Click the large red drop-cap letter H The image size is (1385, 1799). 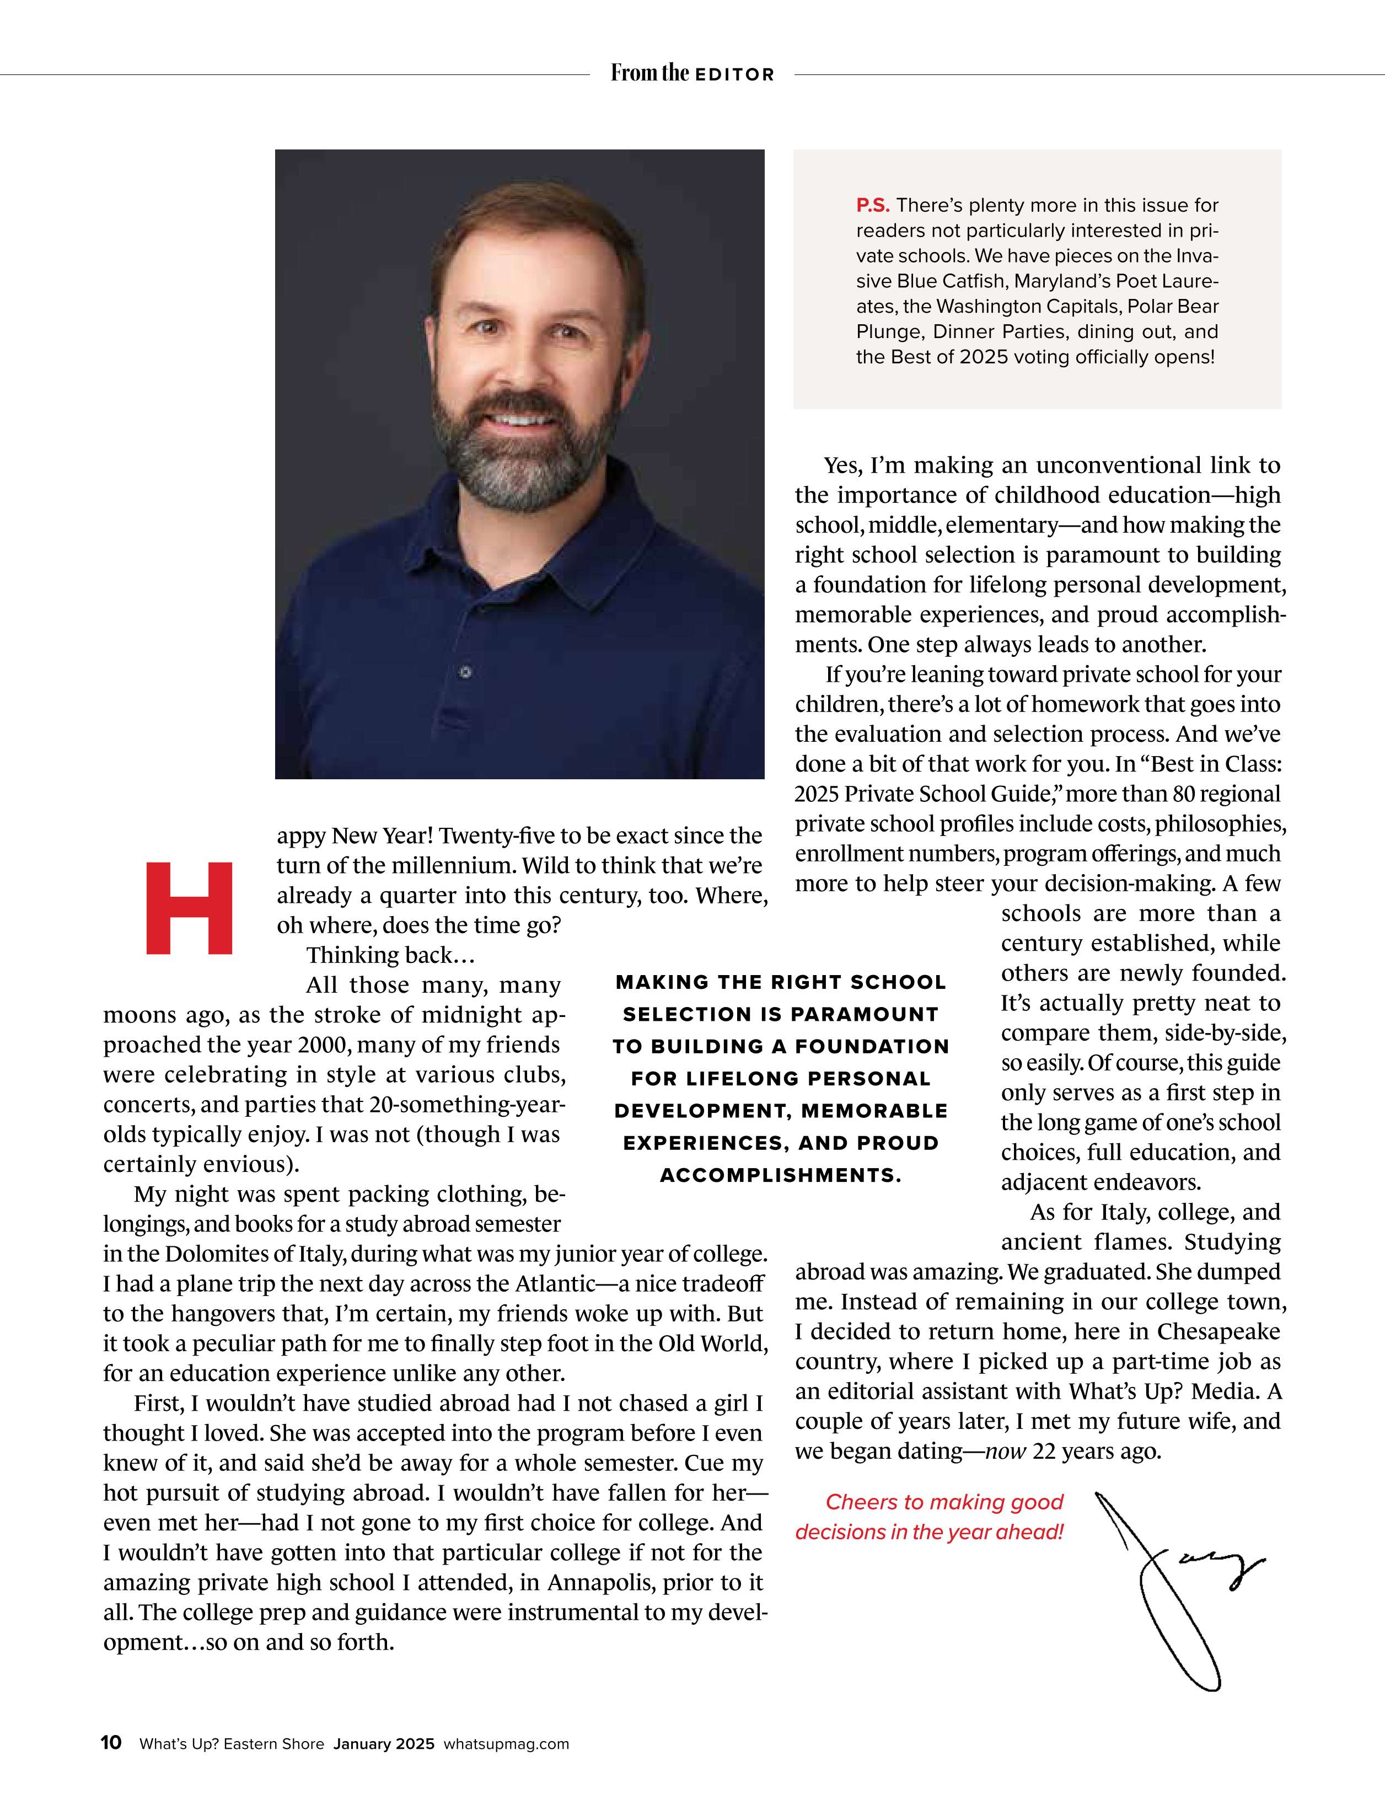point(189,908)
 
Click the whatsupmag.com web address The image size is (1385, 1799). point(506,1744)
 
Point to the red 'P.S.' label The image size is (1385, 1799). point(873,205)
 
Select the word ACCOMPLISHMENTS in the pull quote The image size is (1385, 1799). point(780,1175)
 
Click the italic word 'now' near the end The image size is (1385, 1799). point(1006,1450)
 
